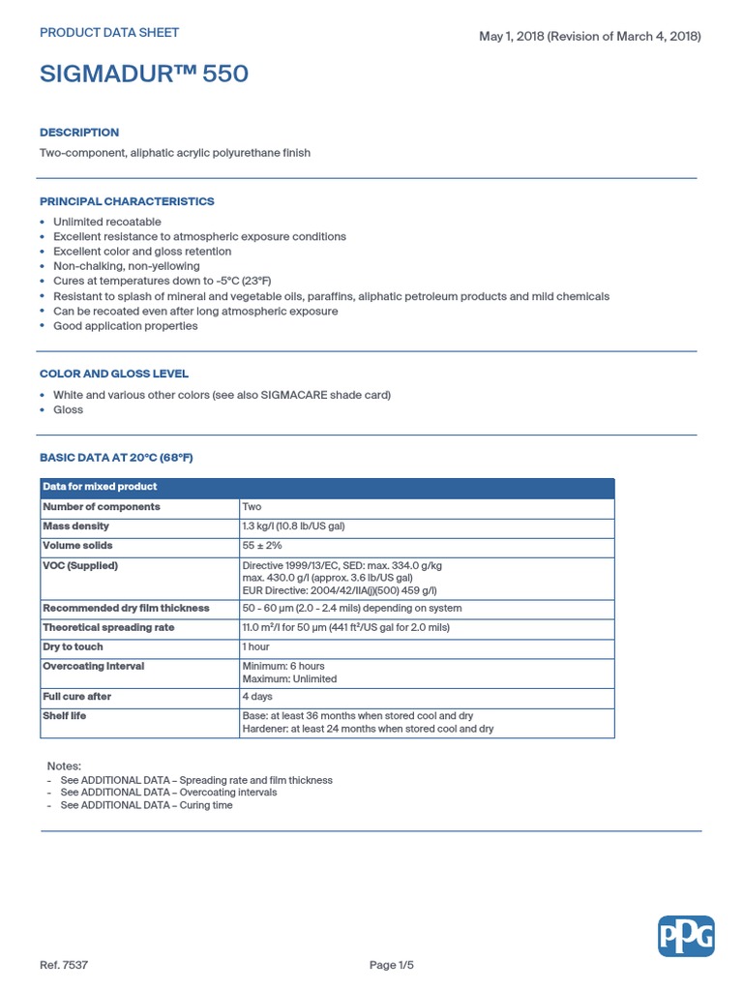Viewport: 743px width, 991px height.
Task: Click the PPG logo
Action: click(x=686, y=936)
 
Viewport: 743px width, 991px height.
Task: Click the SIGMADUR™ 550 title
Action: click(x=144, y=74)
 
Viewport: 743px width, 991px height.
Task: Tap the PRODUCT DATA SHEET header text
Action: click(x=109, y=32)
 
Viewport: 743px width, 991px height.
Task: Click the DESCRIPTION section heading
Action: click(x=79, y=133)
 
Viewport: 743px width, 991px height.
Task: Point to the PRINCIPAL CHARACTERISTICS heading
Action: click(x=127, y=201)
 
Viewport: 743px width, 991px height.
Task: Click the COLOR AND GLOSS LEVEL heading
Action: click(x=114, y=374)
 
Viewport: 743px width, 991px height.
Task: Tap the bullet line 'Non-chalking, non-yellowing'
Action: click(x=127, y=266)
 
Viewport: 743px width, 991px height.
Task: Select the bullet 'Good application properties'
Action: click(x=126, y=326)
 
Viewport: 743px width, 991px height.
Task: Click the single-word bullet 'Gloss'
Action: click(x=68, y=409)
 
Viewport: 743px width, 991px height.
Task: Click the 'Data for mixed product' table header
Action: click(x=100, y=487)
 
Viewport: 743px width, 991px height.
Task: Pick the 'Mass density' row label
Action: click(x=76, y=526)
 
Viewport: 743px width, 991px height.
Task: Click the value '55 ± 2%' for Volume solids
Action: click(x=262, y=546)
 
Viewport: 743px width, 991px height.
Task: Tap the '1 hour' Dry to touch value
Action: click(x=255, y=646)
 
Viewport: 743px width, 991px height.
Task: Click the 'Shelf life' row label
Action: click(x=65, y=716)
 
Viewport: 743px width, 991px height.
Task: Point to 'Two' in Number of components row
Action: click(x=252, y=507)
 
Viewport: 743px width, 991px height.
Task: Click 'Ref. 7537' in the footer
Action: click(x=64, y=965)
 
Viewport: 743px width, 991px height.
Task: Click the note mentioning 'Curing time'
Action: click(x=146, y=805)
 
